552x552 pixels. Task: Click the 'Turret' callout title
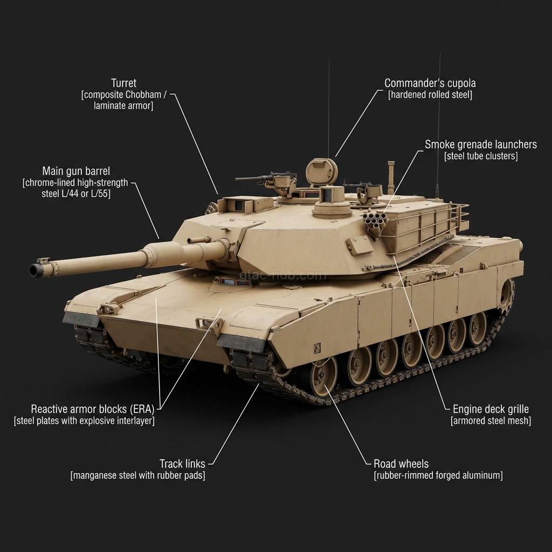tap(123, 83)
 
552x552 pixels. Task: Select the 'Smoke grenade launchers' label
tap(480, 144)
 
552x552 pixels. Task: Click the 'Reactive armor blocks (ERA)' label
tap(92, 409)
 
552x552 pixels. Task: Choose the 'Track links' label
tap(182, 464)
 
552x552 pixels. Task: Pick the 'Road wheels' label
tap(401, 464)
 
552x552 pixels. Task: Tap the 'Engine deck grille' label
tap(491, 409)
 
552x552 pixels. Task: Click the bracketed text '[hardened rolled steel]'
tap(430, 95)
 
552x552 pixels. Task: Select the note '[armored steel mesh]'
tap(491, 421)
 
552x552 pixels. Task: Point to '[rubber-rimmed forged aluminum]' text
tap(438, 475)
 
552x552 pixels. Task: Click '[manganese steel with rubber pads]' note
tap(137, 475)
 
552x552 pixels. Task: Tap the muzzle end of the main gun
tap(36, 270)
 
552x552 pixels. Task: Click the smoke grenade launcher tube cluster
tap(375, 221)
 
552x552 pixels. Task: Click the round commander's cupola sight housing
tap(322, 171)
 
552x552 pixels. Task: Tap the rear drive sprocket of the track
tap(506, 295)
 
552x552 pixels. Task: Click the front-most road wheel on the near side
tap(322, 374)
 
